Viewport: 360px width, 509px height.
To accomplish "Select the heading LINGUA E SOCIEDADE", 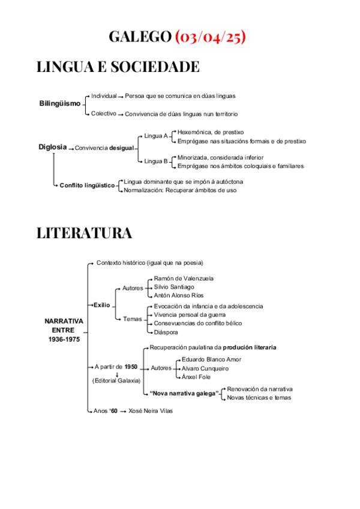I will [118, 67].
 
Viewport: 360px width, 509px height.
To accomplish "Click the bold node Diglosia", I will [52, 146].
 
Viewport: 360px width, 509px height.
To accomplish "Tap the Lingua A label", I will [156, 136].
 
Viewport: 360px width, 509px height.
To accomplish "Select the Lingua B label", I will [156, 161].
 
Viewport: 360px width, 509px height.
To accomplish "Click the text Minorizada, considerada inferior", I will [220, 157].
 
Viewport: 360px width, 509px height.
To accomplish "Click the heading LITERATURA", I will [84, 233].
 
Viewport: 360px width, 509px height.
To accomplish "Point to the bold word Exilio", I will [101, 305].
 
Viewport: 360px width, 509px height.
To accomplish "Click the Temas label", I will [132, 319].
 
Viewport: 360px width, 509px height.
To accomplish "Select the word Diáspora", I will [167, 331].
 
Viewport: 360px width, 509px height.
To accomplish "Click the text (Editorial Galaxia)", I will [116, 381].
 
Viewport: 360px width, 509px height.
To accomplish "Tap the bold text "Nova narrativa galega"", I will [184, 393].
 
